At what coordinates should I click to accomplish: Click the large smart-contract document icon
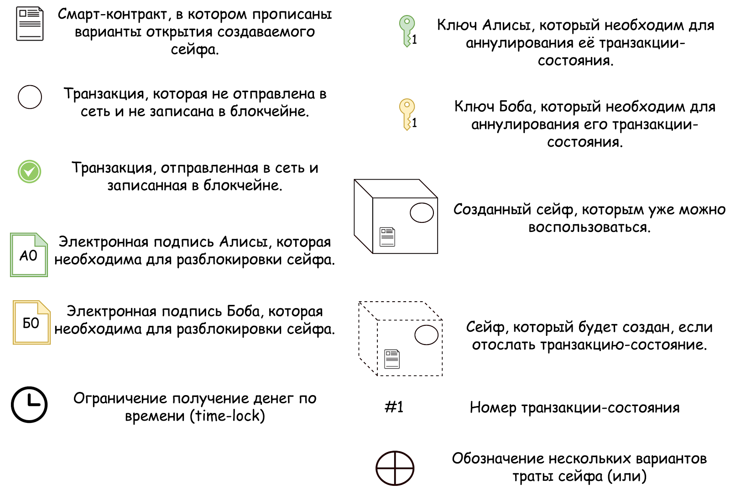(30, 24)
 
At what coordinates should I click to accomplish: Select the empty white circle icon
(30, 97)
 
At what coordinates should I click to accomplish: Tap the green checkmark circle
(30, 172)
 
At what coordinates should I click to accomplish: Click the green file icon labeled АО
(29, 255)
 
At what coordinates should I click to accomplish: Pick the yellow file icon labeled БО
(31, 322)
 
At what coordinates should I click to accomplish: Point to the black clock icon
(29, 405)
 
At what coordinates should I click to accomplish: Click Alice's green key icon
(407, 31)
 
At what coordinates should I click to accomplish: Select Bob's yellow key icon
(407, 114)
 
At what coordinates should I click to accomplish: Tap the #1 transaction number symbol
(394, 407)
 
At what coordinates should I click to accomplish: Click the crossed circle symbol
(395, 468)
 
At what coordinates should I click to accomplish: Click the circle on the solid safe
(422, 213)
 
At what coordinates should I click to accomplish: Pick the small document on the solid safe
(387, 237)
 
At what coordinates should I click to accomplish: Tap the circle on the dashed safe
(426, 335)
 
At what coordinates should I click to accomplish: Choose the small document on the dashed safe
(392, 359)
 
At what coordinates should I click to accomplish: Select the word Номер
(493, 407)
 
